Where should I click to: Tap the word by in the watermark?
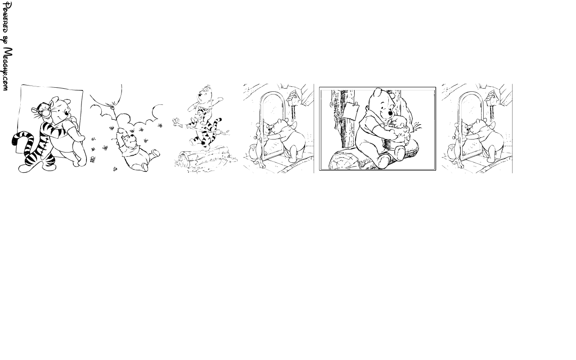click(6, 40)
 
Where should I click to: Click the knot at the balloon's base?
click(112, 108)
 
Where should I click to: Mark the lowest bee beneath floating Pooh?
click(115, 169)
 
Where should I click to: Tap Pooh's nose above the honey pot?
click(390, 113)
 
